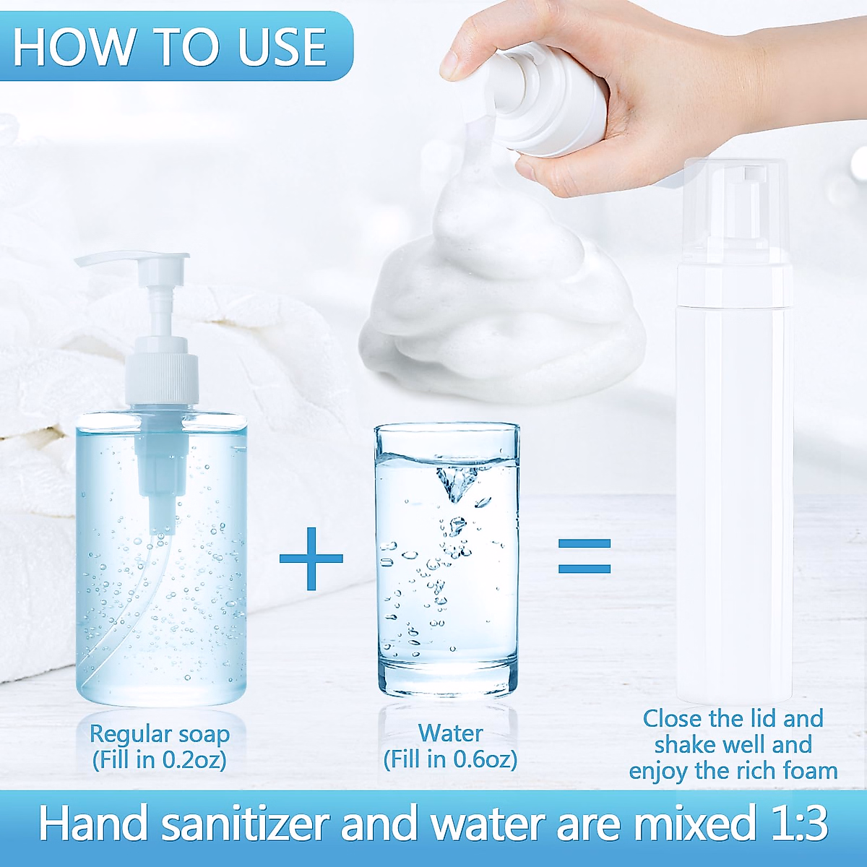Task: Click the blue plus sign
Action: click(x=311, y=558)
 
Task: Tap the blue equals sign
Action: click(x=585, y=556)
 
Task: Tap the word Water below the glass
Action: click(x=450, y=733)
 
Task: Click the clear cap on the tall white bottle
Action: click(x=734, y=210)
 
